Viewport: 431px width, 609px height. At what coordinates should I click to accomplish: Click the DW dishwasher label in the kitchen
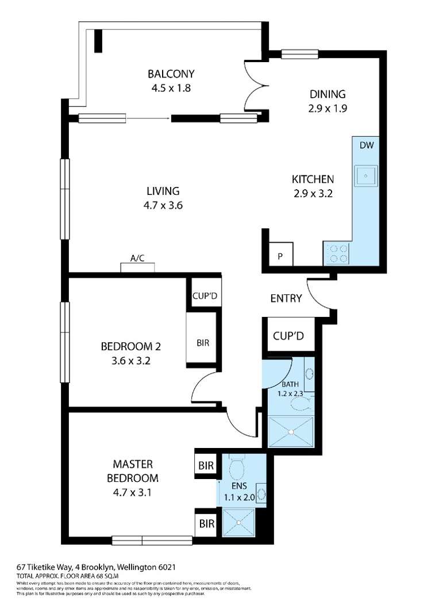(367, 145)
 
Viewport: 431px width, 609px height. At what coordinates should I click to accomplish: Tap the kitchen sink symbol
(366, 175)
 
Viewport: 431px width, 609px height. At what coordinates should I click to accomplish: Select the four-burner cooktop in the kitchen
(336, 254)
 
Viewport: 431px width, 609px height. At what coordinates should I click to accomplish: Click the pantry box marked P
(281, 256)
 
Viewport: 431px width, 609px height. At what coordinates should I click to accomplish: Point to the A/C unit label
(137, 259)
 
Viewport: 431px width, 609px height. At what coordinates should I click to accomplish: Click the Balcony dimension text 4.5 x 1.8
(171, 89)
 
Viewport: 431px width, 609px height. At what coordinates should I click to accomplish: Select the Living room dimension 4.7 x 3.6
(163, 205)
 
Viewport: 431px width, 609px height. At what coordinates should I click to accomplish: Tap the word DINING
(327, 94)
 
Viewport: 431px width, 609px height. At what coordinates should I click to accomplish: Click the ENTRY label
(286, 298)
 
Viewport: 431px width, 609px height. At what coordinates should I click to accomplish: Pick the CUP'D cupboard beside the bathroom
(288, 335)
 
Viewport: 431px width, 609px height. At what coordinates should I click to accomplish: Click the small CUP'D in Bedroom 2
(203, 296)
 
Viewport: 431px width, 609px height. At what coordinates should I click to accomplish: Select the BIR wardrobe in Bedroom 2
(202, 343)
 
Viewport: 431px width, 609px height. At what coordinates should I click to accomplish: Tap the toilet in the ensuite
(236, 469)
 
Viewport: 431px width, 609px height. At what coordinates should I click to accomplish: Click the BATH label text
(291, 384)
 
